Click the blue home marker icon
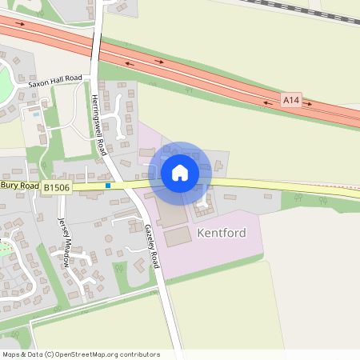[180, 172]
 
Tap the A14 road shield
[291, 100]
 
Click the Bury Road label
[19, 185]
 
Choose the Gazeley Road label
[153, 246]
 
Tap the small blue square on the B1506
[108, 186]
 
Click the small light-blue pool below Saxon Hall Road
[36, 114]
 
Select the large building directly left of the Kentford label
[179, 236]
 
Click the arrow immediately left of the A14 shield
[267, 102]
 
